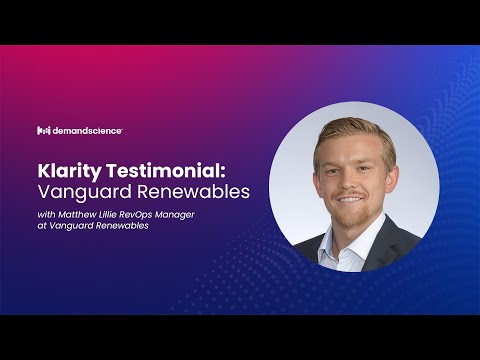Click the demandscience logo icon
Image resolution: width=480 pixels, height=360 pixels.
pyautogui.click(x=43, y=130)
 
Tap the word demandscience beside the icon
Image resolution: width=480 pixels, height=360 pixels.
pyautogui.click(x=86, y=130)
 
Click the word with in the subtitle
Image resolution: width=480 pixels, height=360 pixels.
pyautogui.click(x=47, y=213)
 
